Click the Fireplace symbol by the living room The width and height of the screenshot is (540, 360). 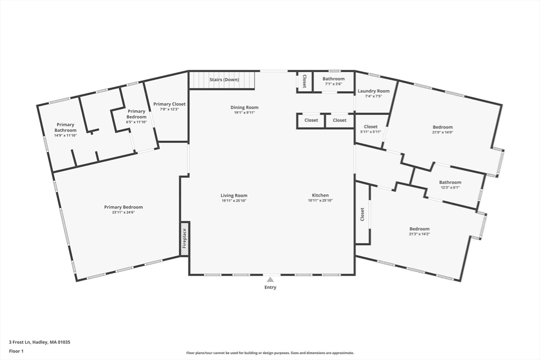[185, 238]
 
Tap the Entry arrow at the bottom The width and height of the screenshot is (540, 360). [270, 280]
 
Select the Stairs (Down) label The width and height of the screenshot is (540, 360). [224, 80]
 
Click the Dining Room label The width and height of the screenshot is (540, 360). [244, 108]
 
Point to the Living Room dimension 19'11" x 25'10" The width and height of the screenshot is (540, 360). [234, 201]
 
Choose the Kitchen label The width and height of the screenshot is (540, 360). [320, 196]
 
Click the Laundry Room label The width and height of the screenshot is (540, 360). [373, 91]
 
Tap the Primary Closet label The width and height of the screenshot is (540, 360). [169, 104]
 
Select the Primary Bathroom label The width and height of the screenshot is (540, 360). [65, 128]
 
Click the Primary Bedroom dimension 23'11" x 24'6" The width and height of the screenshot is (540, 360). [123, 212]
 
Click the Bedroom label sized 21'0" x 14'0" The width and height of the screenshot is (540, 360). [442, 127]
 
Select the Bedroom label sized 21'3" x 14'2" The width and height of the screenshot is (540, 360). [419, 229]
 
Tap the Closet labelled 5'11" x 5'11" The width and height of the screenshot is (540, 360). [371, 127]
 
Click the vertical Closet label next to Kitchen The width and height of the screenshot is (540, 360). [362, 214]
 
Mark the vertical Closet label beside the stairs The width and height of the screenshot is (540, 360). [305, 81]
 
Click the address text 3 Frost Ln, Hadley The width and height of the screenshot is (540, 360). [40, 342]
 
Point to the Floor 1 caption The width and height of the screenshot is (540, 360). [16, 351]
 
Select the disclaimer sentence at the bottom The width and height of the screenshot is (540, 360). [270, 353]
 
